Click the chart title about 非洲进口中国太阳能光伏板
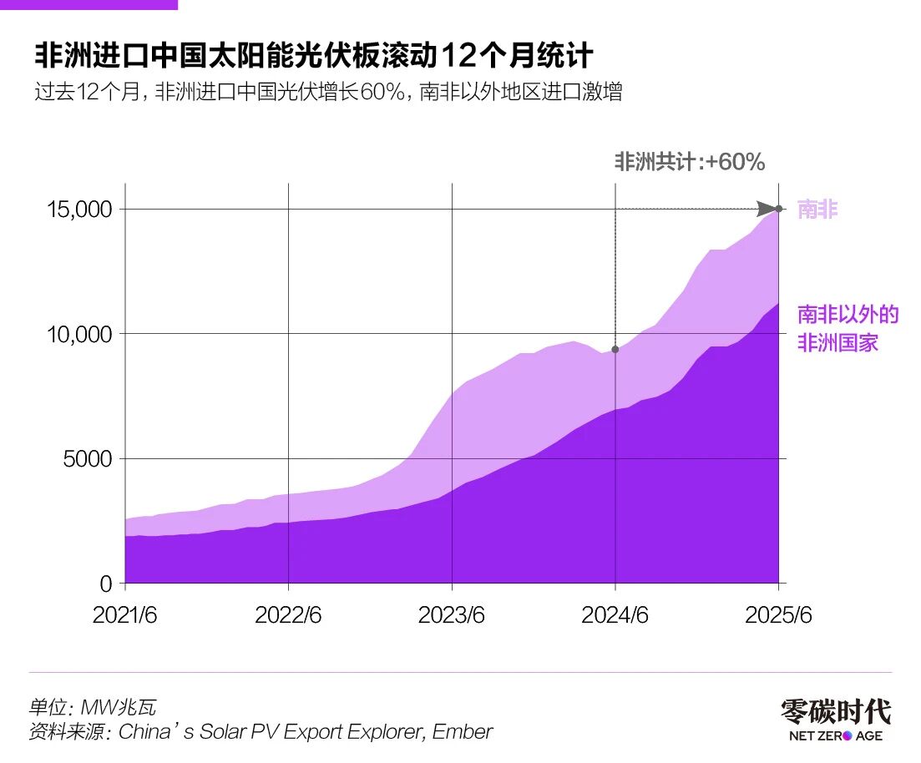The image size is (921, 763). pos(313,56)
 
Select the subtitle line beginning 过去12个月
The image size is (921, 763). pos(328,93)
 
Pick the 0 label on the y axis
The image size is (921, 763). pos(106,583)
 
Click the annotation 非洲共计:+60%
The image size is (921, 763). pos(690,162)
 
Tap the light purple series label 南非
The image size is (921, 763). pos(817,210)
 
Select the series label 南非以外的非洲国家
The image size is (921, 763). pos(847,328)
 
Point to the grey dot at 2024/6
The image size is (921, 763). pos(615,349)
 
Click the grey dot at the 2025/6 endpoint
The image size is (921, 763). pos(779,209)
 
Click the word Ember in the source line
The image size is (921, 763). pos(465,732)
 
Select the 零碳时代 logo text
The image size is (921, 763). pos(835,712)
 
